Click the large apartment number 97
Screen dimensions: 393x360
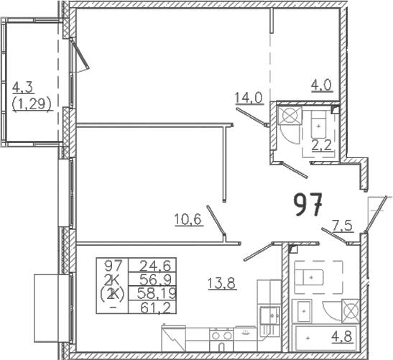pos(308,204)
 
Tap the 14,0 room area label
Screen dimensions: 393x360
pos(249,98)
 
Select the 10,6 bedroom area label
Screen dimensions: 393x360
pos(188,220)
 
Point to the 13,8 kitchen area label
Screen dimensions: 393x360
pos(222,284)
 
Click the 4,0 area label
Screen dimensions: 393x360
pos(322,86)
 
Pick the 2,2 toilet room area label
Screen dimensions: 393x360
pos(322,145)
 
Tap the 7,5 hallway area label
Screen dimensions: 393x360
pos(343,226)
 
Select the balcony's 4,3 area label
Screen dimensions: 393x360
pos(22,88)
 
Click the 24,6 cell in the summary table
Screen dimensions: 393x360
pos(155,266)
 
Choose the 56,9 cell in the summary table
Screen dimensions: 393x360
pos(155,280)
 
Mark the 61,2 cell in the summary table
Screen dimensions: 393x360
pos(156,308)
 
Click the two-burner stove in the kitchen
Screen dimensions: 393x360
pos(221,335)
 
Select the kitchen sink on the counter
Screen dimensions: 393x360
pos(269,315)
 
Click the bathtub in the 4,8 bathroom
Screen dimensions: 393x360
pos(326,338)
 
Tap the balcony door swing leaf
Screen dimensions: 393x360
pos(80,54)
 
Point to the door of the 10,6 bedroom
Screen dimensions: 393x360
pos(216,220)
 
